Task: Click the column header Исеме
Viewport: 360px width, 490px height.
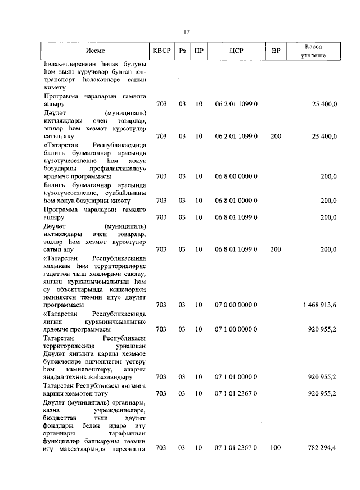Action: pos(96,51)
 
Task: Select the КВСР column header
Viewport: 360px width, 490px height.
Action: pos(161,51)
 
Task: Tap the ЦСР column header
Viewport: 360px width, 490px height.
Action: pos(236,51)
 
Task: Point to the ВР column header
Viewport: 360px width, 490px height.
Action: pos(276,51)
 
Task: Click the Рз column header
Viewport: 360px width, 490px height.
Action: pos(182,51)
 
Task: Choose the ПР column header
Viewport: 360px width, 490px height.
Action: pos(199,51)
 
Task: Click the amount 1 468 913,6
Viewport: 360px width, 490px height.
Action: pos(318,305)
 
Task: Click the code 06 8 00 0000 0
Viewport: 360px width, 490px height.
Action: pos(236,176)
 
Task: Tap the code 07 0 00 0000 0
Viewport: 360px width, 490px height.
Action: pos(236,305)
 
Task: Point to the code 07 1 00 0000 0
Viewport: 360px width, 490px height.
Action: pos(236,329)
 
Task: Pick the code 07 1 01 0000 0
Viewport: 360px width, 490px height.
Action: pos(236,377)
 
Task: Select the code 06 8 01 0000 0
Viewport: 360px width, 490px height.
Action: pos(236,201)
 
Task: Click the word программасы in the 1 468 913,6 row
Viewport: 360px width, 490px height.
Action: pos(64,305)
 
